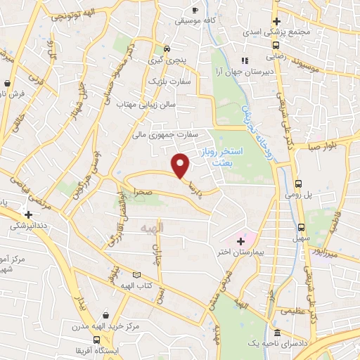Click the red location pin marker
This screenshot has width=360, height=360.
(x=182, y=165)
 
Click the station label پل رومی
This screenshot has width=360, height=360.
(x=297, y=197)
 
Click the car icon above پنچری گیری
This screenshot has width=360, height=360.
(x=167, y=49)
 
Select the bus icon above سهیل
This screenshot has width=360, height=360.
(x=301, y=227)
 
